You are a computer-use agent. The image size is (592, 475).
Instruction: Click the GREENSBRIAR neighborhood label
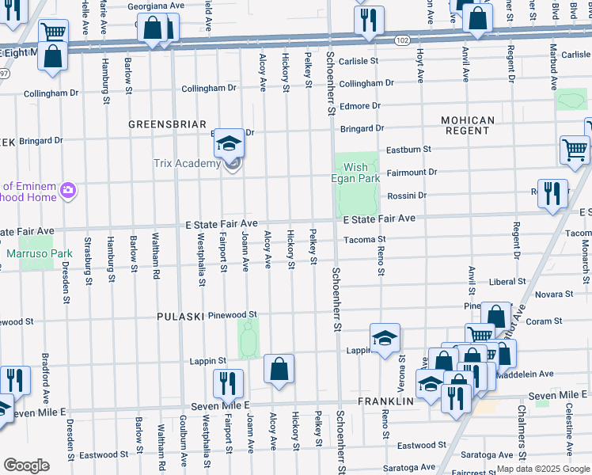click(x=162, y=124)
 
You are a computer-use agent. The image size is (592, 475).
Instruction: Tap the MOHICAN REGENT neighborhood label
click(x=468, y=127)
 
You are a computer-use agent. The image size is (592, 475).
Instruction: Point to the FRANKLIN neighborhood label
click(x=386, y=401)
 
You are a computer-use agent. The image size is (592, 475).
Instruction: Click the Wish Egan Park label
click(x=355, y=173)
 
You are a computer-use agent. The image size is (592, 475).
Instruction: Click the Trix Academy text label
click(x=186, y=164)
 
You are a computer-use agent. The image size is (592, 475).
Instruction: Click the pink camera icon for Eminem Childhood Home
click(x=68, y=189)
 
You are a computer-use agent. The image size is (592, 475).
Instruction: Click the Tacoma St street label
click(x=364, y=239)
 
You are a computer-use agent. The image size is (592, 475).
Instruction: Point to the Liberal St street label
click(x=507, y=281)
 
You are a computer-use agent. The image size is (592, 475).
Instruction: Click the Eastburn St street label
click(x=408, y=149)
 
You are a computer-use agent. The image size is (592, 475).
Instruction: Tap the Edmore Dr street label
click(x=360, y=106)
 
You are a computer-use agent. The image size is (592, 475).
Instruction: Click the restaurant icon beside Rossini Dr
click(x=552, y=193)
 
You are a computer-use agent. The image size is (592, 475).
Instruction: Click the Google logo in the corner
click(x=26, y=465)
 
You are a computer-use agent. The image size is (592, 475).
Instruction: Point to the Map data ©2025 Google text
click(x=543, y=469)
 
